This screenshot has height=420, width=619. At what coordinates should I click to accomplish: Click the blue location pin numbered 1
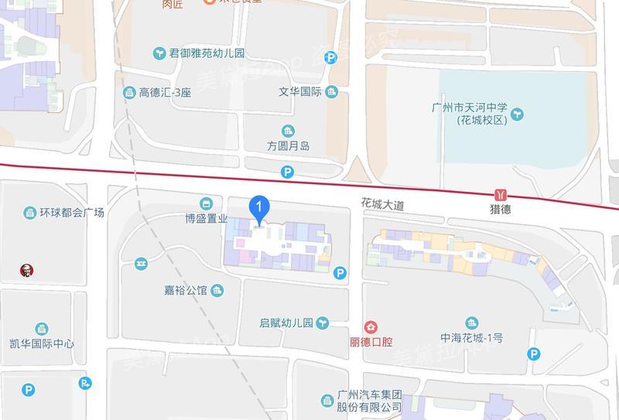[258, 208]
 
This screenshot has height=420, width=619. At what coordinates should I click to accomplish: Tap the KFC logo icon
[26, 270]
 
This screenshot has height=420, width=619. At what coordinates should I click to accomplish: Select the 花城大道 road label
[382, 205]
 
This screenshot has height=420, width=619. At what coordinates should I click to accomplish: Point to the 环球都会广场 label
[72, 212]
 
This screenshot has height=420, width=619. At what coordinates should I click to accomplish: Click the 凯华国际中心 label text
[42, 343]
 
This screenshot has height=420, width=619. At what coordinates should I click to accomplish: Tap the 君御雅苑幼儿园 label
[207, 53]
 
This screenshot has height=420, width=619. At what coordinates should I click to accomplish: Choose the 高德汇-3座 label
[164, 93]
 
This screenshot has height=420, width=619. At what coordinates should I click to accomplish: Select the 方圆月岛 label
[288, 145]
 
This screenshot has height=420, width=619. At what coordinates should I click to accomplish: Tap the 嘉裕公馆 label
[186, 291]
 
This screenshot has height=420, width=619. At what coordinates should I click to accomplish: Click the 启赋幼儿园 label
[286, 323]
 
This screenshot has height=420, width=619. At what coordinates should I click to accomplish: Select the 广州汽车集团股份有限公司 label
[370, 401]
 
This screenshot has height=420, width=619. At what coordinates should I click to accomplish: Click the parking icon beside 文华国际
[331, 56]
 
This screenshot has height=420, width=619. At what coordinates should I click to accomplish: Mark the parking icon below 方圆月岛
[287, 172]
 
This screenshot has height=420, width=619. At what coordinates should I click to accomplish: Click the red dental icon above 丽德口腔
[371, 326]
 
